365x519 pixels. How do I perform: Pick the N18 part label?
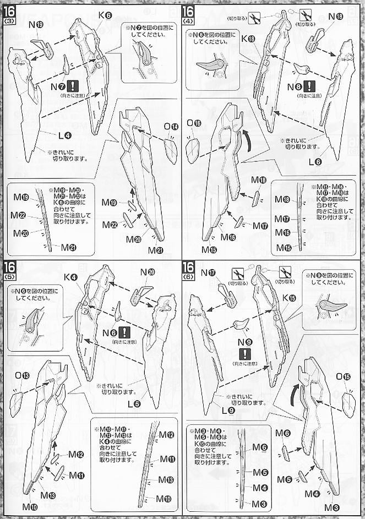tap(335, 17)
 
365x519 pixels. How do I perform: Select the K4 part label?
tap(70, 277)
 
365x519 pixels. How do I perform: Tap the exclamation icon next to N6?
tap(124, 332)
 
